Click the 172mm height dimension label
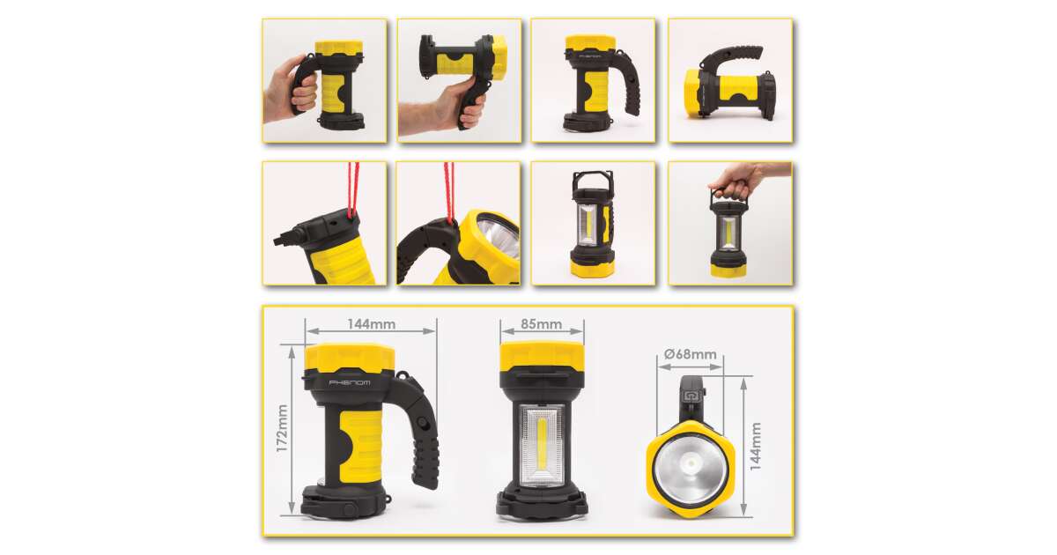[x=282, y=428]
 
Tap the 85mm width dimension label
[x=541, y=324]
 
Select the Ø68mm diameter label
[x=690, y=354]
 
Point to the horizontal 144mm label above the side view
[x=372, y=324]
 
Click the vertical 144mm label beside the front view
[x=756, y=447]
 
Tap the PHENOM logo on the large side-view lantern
[x=349, y=382]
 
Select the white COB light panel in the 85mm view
[x=542, y=446]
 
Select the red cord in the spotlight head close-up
[x=448, y=193]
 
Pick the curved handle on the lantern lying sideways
[x=730, y=55]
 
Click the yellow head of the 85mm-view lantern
[x=543, y=355]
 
